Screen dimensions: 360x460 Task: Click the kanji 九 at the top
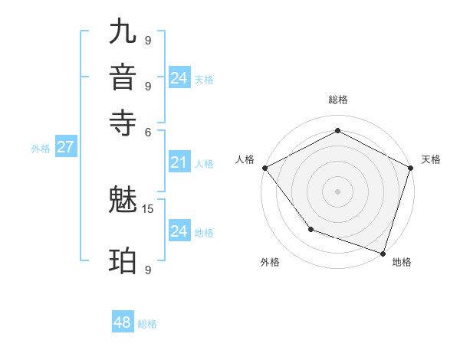(x=123, y=31)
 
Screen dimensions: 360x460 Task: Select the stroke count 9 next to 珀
(x=148, y=269)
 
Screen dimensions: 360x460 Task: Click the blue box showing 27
(x=65, y=148)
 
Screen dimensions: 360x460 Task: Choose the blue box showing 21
(x=179, y=162)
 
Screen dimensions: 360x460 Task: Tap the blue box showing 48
(x=122, y=322)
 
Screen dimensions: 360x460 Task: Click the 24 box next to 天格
(x=179, y=78)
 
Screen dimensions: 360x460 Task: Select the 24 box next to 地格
(x=179, y=231)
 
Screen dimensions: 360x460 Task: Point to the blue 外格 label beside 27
(x=40, y=149)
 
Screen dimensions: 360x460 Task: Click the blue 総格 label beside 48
(x=147, y=324)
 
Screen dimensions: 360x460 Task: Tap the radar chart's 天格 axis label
(x=431, y=159)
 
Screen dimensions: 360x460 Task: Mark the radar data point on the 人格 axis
(x=264, y=168)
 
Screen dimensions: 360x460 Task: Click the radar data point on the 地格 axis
(x=383, y=252)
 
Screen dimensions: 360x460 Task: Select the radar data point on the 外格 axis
(x=310, y=228)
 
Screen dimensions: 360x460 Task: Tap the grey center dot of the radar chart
(x=337, y=191)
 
